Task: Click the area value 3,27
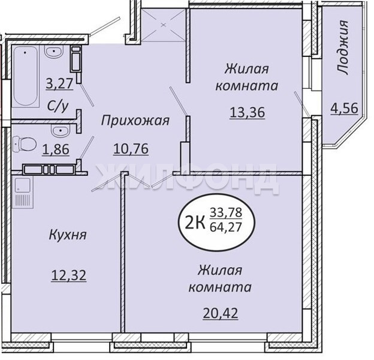(x=59, y=84)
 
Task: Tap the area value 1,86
(x=56, y=149)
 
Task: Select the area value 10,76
(x=131, y=149)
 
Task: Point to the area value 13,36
(x=248, y=112)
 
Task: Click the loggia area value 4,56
(x=344, y=109)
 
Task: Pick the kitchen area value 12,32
(x=69, y=275)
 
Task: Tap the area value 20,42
(x=221, y=313)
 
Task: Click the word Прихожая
(x=135, y=121)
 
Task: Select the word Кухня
(x=68, y=235)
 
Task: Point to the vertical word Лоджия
(x=343, y=48)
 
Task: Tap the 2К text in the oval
(x=195, y=223)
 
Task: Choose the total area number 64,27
(x=225, y=227)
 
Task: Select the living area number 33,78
(x=226, y=212)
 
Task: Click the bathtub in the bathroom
(x=26, y=76)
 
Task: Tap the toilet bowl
(x=25, y=144)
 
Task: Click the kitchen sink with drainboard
(x=23, y=192)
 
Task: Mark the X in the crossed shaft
(x=164, y=25)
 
